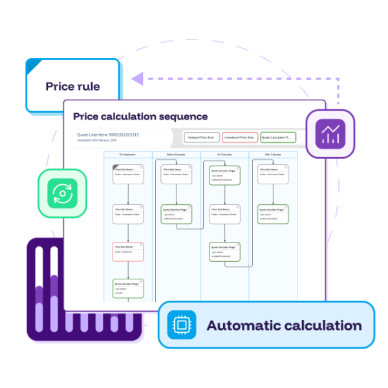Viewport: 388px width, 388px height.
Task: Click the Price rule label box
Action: coord(72,86)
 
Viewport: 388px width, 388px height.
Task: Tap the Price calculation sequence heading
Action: coord(140,116)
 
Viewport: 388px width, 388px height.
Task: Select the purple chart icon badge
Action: coord(330,134)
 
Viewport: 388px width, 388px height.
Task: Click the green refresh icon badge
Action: coord(62,193)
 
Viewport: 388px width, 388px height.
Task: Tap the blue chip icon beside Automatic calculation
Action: coord(182,325)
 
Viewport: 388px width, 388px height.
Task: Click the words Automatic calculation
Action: coord(284,325)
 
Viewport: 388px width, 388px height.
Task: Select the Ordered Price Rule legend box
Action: coord(200,138)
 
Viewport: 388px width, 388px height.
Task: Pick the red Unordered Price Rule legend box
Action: coord(239,138)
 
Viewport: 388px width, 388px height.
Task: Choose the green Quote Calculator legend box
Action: coord(277,138)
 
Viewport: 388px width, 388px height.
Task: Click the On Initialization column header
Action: coord(128,155)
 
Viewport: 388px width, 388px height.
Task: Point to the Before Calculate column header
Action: coord(176,155)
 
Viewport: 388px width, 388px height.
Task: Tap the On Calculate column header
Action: coord(224,155)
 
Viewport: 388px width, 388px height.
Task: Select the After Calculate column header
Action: coord(272,155)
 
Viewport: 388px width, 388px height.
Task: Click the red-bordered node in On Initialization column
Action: coord(127,252)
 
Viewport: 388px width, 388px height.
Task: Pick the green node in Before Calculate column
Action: coord(176,214)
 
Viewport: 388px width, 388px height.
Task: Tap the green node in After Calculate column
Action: coord(273,214)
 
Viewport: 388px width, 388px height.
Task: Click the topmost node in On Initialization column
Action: coord(127,174)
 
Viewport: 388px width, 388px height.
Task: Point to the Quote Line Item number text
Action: coord(108,135)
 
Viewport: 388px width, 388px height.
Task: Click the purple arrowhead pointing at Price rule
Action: coord(136,79)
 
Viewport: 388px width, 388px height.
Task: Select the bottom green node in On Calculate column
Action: coord(224,252)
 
